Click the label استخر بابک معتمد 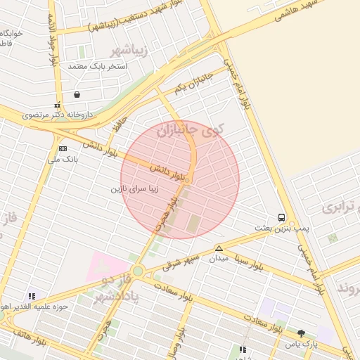tap(96, 66)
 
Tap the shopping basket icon tap(76, 94)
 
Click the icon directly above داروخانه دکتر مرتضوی tap(57, 105)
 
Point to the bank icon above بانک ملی tap(63, 148)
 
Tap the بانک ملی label tap(63, 160)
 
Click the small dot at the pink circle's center tap(186, 180)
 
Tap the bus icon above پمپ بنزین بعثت tap(281, 217)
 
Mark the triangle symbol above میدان tap(219, 248)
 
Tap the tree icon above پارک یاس tap(302, 333)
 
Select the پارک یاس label tap(302, 345)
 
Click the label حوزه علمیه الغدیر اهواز tap(33, 307)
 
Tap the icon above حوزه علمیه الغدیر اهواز tap(31, 297)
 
